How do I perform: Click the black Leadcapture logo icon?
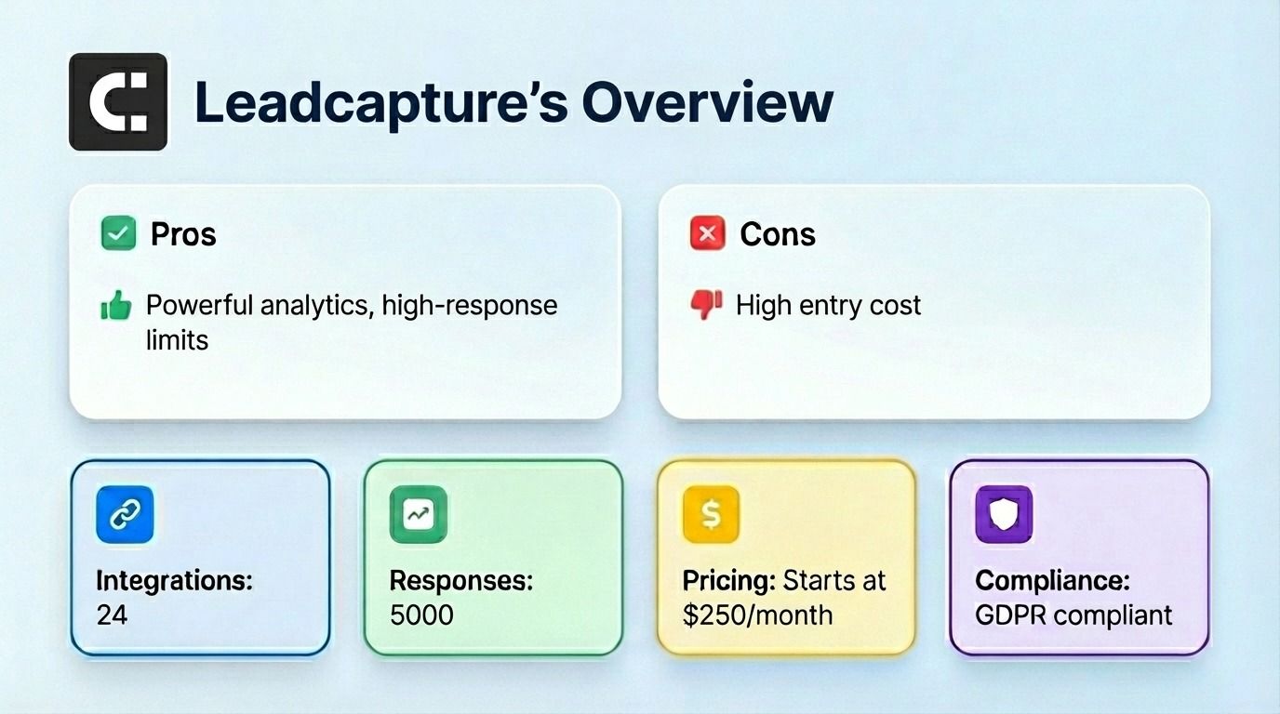point(118,102)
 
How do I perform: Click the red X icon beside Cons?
point(707,233)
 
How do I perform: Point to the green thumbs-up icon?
point(116,306)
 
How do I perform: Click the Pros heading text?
point(183,234)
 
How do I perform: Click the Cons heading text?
point(778,234)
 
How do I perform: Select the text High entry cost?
point(828,305)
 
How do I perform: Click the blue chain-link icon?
point(125,514)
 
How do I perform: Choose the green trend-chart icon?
point(418,514)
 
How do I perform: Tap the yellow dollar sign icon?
point(711,514)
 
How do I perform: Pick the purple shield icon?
point(1004,514)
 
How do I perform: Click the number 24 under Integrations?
point(112,615)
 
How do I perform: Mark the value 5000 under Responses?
point(421,615)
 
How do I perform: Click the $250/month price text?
point(757,615)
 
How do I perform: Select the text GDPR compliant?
point(1073,615)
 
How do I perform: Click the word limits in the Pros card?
point(177,339)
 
